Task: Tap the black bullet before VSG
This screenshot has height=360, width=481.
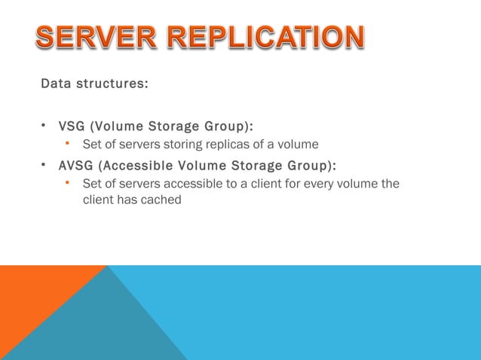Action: [45, 124]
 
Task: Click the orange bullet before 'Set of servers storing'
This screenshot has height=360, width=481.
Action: [68, 143]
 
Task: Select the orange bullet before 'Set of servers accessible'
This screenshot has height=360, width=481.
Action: [68, 183]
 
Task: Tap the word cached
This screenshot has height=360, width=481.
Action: [162, 200]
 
